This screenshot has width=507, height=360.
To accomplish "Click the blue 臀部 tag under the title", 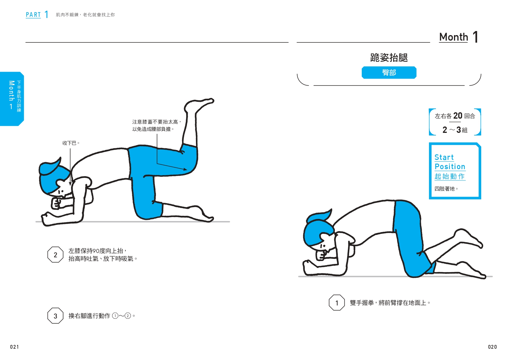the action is [389, 73].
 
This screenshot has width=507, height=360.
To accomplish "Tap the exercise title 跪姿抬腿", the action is [389, 58].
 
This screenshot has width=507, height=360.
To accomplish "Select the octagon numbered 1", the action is [337, 303].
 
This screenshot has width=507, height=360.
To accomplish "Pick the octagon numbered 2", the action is [55, 255].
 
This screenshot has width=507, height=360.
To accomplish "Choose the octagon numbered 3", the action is [55, 316].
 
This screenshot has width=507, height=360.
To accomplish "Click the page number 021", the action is [14, 347].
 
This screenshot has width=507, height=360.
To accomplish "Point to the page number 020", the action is [492, 347].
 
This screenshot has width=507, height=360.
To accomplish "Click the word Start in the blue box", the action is [444, 157].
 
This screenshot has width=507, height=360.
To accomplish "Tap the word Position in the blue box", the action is [450, 167].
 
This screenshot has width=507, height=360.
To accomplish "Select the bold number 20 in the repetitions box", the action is [458, 116].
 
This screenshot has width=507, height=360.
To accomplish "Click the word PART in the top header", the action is [33, 15].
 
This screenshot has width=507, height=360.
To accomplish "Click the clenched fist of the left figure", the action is [56, 203].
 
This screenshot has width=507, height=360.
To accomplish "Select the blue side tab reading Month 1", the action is [12, 99].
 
